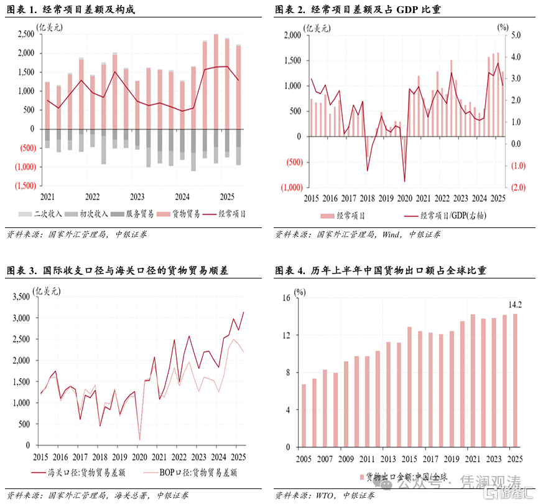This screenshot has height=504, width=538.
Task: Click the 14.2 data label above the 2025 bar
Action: coord(515,305)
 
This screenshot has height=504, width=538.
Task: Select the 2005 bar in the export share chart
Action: coord(304,416)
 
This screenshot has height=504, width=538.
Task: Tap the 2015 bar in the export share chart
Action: coord(409,387)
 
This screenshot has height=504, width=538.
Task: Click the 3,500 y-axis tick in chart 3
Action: coord(21,297)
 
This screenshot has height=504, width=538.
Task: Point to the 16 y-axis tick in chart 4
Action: coord(285,298)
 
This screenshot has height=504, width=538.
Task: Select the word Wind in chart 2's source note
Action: coord(391,234)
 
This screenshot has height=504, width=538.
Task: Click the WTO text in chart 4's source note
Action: coord(327,495)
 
